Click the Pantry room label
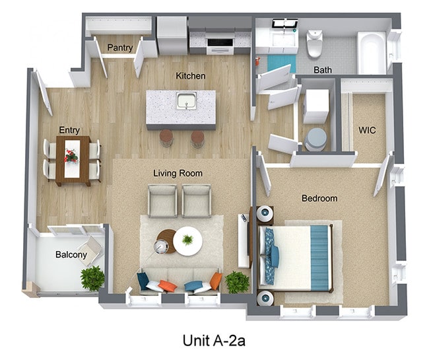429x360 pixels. pyautogui.click(x=120, y=48)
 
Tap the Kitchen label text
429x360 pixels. pyautogui.click(x=191, y=76)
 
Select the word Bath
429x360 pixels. pyautogui.click(x=323, y=69)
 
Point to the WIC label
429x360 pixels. pyautogui.click(x=367, y=130)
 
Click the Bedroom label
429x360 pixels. pyautogui.click(x=319, y=198)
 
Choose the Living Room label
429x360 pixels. pyautogui.click(x=178, y=173)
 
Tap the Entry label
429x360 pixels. pyautogui.click(x=69, y=130)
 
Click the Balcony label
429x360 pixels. pyautogui.click(x=71, y=254)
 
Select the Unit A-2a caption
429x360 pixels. pyautogui.click(x=215, y=340)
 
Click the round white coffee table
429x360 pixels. pyautogui.click(x=189, y=241)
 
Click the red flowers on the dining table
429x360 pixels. pyautogui.click(x=71, y=156)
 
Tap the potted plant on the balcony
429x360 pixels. pyautogui.click(x=92, y=277)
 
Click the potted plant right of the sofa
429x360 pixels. pyautogui.click(x=237, y=282)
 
